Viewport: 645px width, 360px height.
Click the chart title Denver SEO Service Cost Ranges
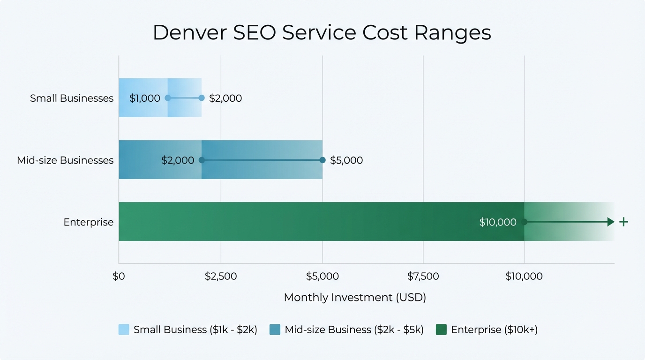tap(322, 33)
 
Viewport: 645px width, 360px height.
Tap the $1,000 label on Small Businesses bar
tap(144, 98)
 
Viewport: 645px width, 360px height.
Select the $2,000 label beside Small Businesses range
tap(225, 98)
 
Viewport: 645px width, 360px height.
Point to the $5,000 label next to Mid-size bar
tap(346, 160)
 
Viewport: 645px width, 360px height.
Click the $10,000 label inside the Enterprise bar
tap(498, 222)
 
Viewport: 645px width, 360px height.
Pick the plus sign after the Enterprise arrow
tap(623, 222)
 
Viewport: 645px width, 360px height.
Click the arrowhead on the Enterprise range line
tap(611, 222)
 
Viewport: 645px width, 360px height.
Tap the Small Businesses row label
tap(72, 98)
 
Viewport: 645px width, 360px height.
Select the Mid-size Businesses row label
tap(65, 160)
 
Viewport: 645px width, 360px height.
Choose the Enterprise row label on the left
tap(89, 222)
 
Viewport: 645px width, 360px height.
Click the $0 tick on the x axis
tap(119, 277)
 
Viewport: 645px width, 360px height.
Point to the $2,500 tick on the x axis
tap(221, 277)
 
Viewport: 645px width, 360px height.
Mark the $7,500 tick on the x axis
tap(423, 277)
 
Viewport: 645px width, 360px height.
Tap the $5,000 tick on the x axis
tap(322, 277)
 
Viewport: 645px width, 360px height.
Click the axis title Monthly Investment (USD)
tap(355, 298)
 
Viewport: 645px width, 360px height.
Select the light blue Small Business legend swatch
tap(124, 330)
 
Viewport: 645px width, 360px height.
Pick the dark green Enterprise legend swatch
tap(441, 330)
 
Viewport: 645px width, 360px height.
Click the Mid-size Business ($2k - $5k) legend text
tap(354, 330)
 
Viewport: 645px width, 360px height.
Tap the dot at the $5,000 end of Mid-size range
tap(322, 160)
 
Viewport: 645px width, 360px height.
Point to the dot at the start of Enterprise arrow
tap(524, 222)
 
